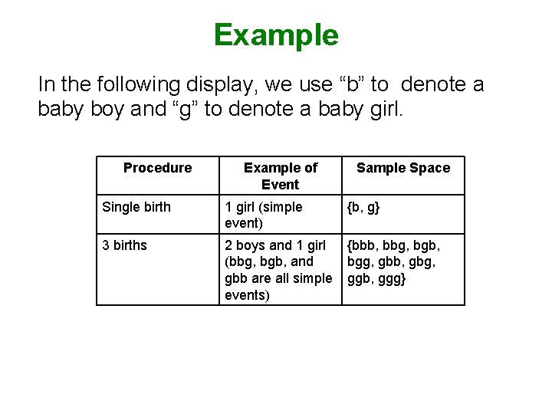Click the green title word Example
tap(276, 35)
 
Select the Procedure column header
tap(157, 168)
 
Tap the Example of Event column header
tap(280, 176)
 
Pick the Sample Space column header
tap(403, 168)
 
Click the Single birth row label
tap(136, 207)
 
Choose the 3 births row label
tap(124, 245)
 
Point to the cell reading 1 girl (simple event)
tap(263, 215)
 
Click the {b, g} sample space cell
tap(363, 207)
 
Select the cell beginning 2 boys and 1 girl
tap(278, 270)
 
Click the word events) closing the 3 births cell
tap(246, 295)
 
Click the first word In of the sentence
tap(46, 84)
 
